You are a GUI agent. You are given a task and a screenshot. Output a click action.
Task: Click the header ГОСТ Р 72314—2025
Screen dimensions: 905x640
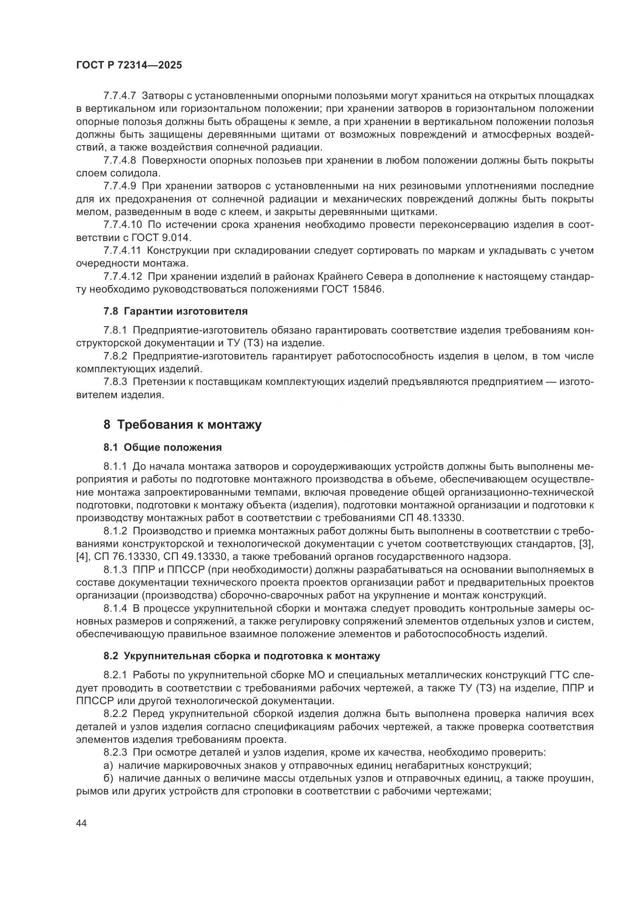click(x=129, y=65)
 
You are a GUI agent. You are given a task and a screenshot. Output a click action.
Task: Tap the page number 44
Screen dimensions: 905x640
click(x=81, y=823)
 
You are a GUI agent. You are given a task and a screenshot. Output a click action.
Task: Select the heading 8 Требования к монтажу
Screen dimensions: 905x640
click(x=183, y=425)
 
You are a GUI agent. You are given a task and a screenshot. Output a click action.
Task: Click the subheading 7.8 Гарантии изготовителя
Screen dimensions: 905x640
click(x=175, y=311)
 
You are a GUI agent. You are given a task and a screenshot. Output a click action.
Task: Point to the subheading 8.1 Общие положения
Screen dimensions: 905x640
click(x=163, y=447)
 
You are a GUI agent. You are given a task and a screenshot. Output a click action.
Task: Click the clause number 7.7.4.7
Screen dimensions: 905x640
click(x=120, y=96)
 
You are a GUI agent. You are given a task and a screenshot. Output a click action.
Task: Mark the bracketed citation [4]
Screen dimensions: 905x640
click(x=82, y=557)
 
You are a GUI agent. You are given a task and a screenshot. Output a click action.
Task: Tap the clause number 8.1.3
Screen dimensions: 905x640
click(x=115, y=570)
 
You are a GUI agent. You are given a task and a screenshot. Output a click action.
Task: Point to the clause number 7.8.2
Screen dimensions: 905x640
click(x=115, y=356)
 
